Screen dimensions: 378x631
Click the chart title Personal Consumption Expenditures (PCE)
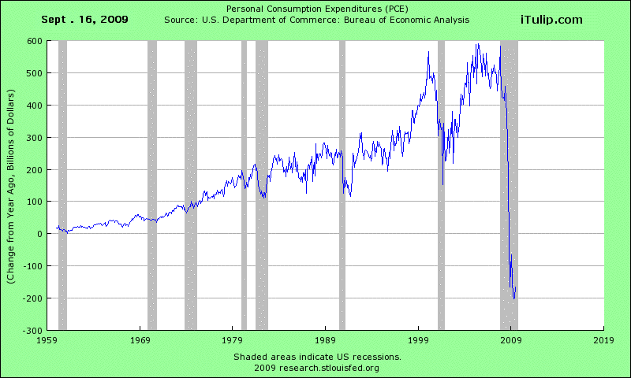pyautogui.click(x=315, y=8)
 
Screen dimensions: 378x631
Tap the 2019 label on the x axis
pyautogui.click(x=603, y=341)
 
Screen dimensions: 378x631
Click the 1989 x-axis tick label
pyautogui.click(x=325, y=341)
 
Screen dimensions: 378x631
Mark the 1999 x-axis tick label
pyautogui.click(x=418, y=341)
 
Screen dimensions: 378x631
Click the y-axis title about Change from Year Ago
pyautogui.click(x=13, y=185)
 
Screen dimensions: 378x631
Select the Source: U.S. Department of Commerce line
pyautogui.click(x=315, y=19)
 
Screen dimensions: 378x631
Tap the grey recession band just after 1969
pyautogui.click(x=152, y=185)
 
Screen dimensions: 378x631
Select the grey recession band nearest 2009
pyautogui.click(x=509, y=185)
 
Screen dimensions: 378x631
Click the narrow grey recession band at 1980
pyautogui.click(x=244, y=185)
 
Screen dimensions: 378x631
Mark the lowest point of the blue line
pyautogui.click(x=514, y=298)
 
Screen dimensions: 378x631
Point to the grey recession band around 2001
pyautogui.click(x=441, y=185)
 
